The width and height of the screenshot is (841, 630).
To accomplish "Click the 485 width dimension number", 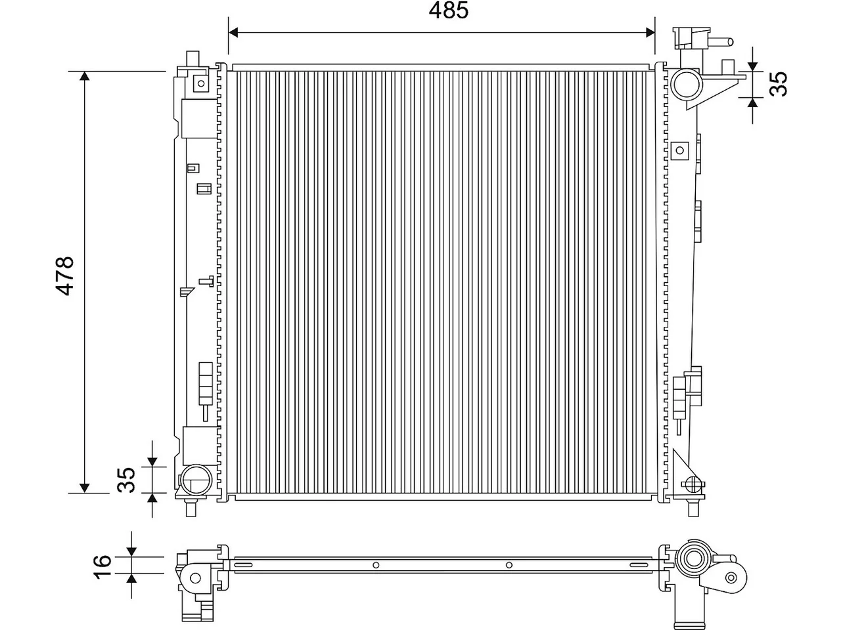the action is [448, 10].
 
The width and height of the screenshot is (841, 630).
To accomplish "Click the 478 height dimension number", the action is [65, 276].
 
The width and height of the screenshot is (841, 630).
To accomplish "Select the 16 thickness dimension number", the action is [102, 566].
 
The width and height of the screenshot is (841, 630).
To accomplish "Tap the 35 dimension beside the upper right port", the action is [778, 84].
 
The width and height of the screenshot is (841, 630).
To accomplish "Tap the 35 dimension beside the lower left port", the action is [126, 480].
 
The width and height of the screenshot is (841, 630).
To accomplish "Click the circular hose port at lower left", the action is [196, 479].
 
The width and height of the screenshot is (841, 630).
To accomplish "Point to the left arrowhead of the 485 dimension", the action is [233, 33].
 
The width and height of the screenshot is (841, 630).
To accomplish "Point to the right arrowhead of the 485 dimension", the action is [650, 33].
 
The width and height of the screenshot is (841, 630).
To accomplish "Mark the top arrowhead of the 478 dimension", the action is [84, 75].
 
